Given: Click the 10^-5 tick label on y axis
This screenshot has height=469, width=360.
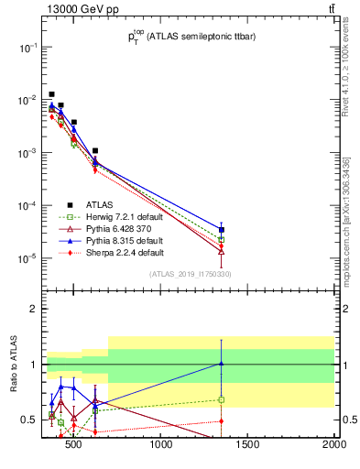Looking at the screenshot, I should click(x=29, y=257).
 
